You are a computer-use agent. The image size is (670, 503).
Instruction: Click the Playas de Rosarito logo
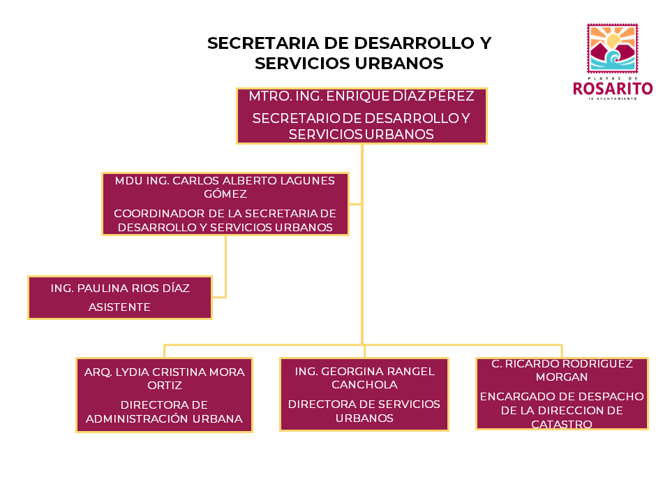point(612,61)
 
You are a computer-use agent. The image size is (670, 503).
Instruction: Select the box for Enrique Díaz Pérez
point(362,116)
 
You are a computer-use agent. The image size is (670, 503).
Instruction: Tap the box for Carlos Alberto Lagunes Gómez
point(225,204)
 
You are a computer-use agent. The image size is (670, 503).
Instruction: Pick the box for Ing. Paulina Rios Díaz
point(120,298)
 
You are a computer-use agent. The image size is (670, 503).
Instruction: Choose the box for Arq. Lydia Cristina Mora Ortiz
point(164,395)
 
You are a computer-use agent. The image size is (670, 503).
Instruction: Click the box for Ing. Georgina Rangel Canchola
point(364,395)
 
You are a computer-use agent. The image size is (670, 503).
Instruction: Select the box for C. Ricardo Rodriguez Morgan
point(562,393)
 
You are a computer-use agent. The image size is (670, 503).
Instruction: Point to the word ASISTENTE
point(119,307)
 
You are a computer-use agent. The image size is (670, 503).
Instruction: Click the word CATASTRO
point(562,424)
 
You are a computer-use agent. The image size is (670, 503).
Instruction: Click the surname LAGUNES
point(302,180)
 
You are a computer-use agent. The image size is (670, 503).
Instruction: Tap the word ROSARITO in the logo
point(612,88)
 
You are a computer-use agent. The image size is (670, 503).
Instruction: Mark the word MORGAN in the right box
point(562,377)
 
